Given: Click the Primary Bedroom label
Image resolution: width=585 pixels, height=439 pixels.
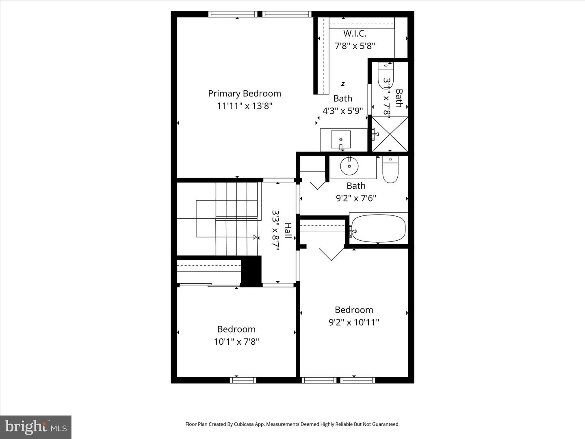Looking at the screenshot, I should [x=244, y=93].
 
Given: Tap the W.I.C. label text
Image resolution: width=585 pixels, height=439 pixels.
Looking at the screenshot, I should [x=355, y=34].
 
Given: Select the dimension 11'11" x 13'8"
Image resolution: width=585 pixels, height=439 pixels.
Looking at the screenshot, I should [x=244, y=106].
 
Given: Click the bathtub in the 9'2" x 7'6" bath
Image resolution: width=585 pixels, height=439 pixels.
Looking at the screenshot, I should [x=378, y=228].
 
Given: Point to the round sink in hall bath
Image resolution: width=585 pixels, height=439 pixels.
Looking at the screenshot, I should [x=349, y=166].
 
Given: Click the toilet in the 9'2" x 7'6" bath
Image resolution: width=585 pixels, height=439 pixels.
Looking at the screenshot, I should [x=390, y=170].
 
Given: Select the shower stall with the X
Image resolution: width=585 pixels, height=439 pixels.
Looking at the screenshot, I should [x=390, y=134].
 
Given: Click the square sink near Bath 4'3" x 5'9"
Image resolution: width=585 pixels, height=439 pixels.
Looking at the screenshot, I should [x=340, y=140].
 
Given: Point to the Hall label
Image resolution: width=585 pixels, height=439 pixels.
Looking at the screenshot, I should [x=288, y=230].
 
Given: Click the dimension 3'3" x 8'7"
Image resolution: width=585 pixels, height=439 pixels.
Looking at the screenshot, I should [x=276, y=230].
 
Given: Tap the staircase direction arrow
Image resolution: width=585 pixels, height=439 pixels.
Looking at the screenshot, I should [x=255, y=237].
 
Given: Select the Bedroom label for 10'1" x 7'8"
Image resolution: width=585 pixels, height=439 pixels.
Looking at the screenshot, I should [x=236, y=329].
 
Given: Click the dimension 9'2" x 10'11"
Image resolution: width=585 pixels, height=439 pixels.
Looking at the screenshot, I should [x=354, y=322].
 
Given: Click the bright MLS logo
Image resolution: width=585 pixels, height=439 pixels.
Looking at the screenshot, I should [x=36, y=427].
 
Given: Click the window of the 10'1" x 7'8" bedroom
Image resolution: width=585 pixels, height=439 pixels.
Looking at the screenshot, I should [x=243, y=380].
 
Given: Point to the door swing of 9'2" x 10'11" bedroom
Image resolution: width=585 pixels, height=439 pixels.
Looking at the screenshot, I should [x=332, y=254].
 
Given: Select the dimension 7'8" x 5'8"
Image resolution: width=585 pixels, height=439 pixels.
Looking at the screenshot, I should [x=355, y=46].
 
